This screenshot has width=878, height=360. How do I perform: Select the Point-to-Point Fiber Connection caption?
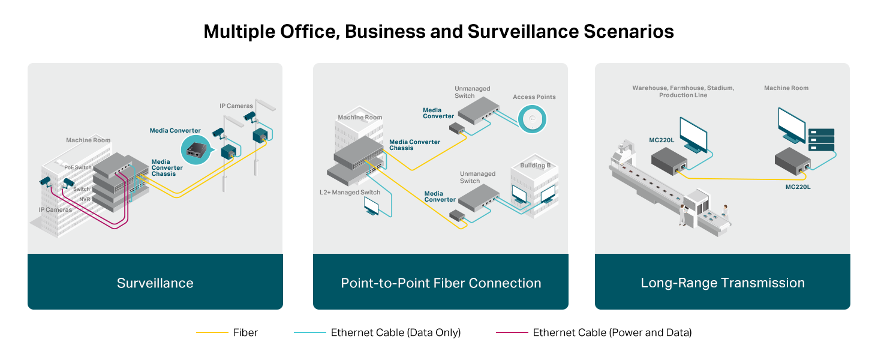tap(441, 283)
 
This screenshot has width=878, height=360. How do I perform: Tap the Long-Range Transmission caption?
tap(722, 283)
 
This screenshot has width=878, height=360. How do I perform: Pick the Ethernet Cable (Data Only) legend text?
tap(396, 332)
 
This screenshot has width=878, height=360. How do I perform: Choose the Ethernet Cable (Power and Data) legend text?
tap(612, 332)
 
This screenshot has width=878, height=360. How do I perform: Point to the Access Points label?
tap(534, 97)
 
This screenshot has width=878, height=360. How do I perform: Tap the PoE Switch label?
tap(78, 168)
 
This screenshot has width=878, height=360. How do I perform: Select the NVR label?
tap(85, 199)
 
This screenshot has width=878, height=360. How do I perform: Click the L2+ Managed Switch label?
tap(350, 193)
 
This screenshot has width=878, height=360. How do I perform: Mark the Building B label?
tap(536, 166)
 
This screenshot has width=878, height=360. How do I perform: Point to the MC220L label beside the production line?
tap(661, 140)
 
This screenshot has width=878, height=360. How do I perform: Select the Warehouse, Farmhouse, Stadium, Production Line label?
tap(682, 91)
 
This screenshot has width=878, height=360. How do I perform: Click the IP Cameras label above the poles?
tap(236, 106)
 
